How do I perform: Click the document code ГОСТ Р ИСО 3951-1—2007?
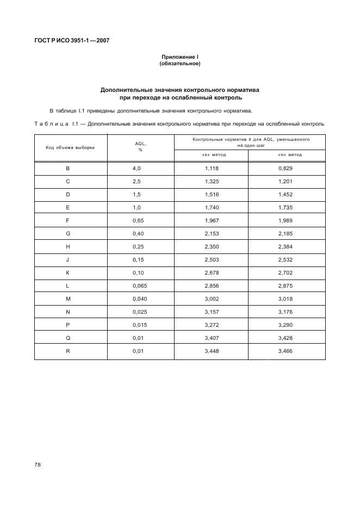tap(72, 40)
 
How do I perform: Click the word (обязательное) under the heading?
tap(180, 64)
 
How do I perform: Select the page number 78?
tap(38, 465)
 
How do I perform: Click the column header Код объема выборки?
tap(70, 148)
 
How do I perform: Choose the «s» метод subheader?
tap(211, 155)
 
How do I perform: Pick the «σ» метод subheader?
tap(287, 155)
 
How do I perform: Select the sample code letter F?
tap(68, 221)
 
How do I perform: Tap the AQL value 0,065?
tap(140, 287)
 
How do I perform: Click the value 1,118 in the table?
tap(211, 169)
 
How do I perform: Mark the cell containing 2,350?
tap(211, 247)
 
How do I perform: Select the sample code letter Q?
tap(68, 339)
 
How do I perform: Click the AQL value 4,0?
tap(136, 169)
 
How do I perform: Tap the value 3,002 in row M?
tap(211, 300)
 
